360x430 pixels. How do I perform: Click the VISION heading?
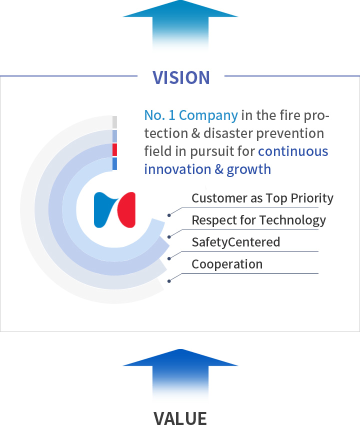(x=181, y=77)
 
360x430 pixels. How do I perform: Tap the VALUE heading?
(x=180, y=418)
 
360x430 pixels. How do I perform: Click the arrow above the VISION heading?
(x=180, y=26)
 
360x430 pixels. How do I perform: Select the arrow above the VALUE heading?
(x=180, y=374)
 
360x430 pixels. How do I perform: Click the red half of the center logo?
(x=127, y=210)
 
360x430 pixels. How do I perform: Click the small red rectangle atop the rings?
(x=114, y=149)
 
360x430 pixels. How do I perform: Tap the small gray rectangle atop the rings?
(x=114, y=122)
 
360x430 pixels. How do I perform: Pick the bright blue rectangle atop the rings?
(x=114, y=163)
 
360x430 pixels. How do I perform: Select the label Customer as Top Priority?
(x=262, y=198)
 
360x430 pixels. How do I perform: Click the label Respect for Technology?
(x=258, y=220)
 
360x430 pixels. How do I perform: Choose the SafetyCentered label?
(x=236, y=242)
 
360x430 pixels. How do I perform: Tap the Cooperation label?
(x=227, y=264)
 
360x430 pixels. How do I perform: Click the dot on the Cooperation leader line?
(x=169, y=281)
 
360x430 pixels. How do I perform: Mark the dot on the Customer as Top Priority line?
(x=169, y=215)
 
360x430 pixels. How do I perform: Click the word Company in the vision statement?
(x=208, y=115)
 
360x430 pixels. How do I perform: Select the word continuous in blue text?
(x=293, y=151)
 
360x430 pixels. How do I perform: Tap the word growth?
(x=248, y=170)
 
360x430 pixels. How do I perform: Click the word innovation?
(x=177, y=169)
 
